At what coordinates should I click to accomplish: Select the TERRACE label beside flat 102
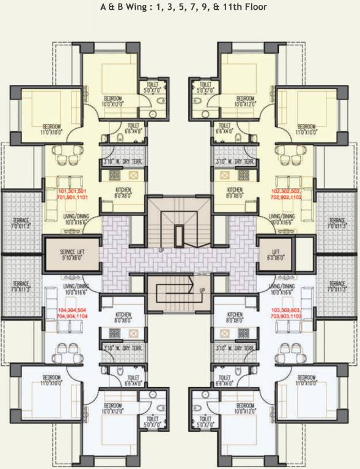[337, 224]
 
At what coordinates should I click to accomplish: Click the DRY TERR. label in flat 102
[235, 162]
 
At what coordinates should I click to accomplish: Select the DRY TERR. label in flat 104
[123, 348]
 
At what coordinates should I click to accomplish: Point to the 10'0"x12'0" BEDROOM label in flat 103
[245, 409]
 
